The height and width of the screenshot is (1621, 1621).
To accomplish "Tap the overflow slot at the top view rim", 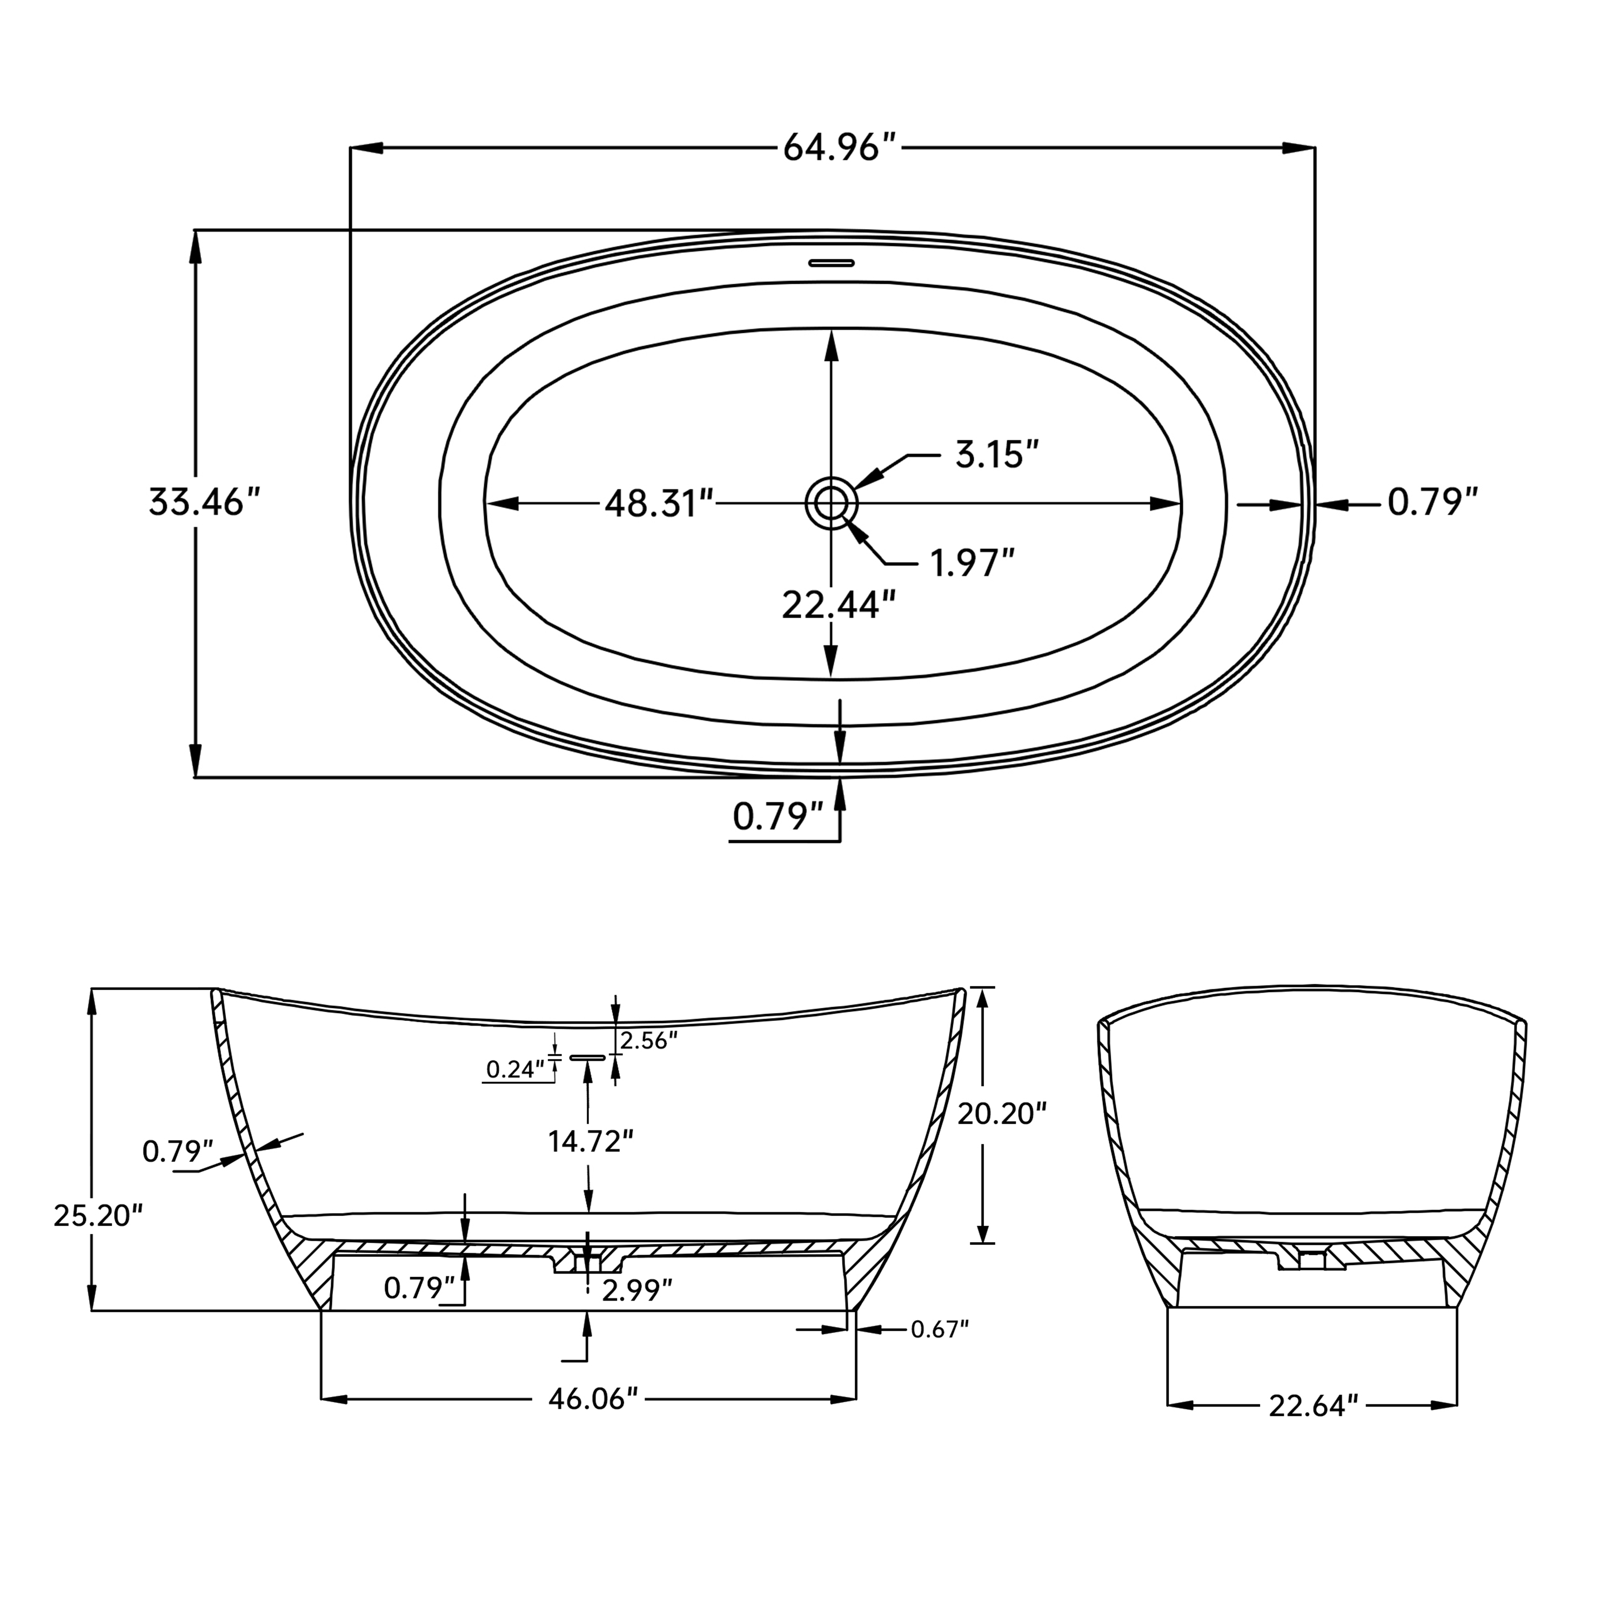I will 830,263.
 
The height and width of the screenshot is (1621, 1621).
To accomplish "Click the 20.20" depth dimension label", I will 1003,1114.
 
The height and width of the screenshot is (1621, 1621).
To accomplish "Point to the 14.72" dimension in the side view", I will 590,1141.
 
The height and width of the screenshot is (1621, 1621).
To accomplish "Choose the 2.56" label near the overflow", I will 648,1040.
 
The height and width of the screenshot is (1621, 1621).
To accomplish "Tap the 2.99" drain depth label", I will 638,1290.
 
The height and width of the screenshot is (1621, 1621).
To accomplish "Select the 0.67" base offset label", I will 940,1329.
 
